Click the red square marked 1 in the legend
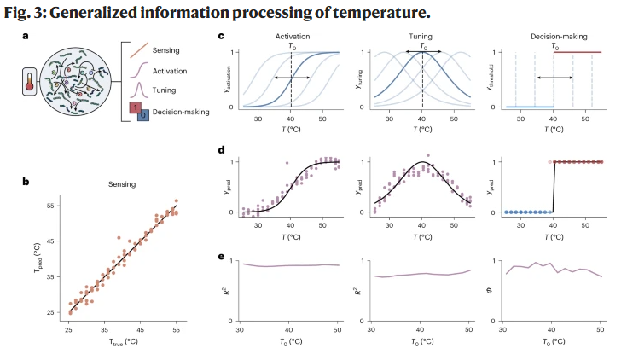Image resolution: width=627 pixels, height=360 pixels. point(135,107)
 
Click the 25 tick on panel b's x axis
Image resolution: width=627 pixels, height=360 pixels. point(70,328)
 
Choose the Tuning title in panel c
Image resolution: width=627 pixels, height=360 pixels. point(421,38)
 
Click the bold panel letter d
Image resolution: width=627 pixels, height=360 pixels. point(222,150)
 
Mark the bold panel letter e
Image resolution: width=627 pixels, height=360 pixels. point(222,255)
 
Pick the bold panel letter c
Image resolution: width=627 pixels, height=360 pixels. point(222,38)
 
